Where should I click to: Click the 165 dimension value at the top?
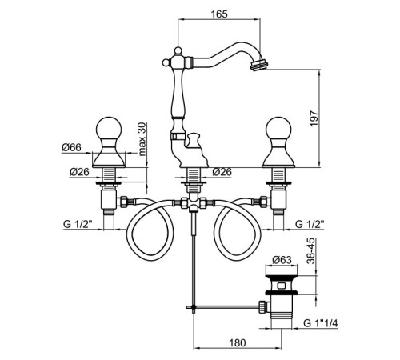(219, 14)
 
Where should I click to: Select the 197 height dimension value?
(314, 118)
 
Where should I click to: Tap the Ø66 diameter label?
(71, 147)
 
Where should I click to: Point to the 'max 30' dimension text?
(142, 139)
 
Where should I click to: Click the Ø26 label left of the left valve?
(79, 172)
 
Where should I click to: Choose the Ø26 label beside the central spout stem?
(222, 172)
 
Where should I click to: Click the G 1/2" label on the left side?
(78, 224)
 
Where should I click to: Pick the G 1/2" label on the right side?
(310, 224)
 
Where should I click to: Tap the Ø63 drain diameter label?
(282, 259)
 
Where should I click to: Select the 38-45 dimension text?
(311, 251)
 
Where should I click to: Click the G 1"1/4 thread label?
(321, 323)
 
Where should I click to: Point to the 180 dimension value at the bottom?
(237, 342)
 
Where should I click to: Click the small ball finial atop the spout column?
(178, 50)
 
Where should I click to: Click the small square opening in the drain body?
(281, 286)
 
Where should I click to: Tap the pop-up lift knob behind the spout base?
(193, 141)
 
